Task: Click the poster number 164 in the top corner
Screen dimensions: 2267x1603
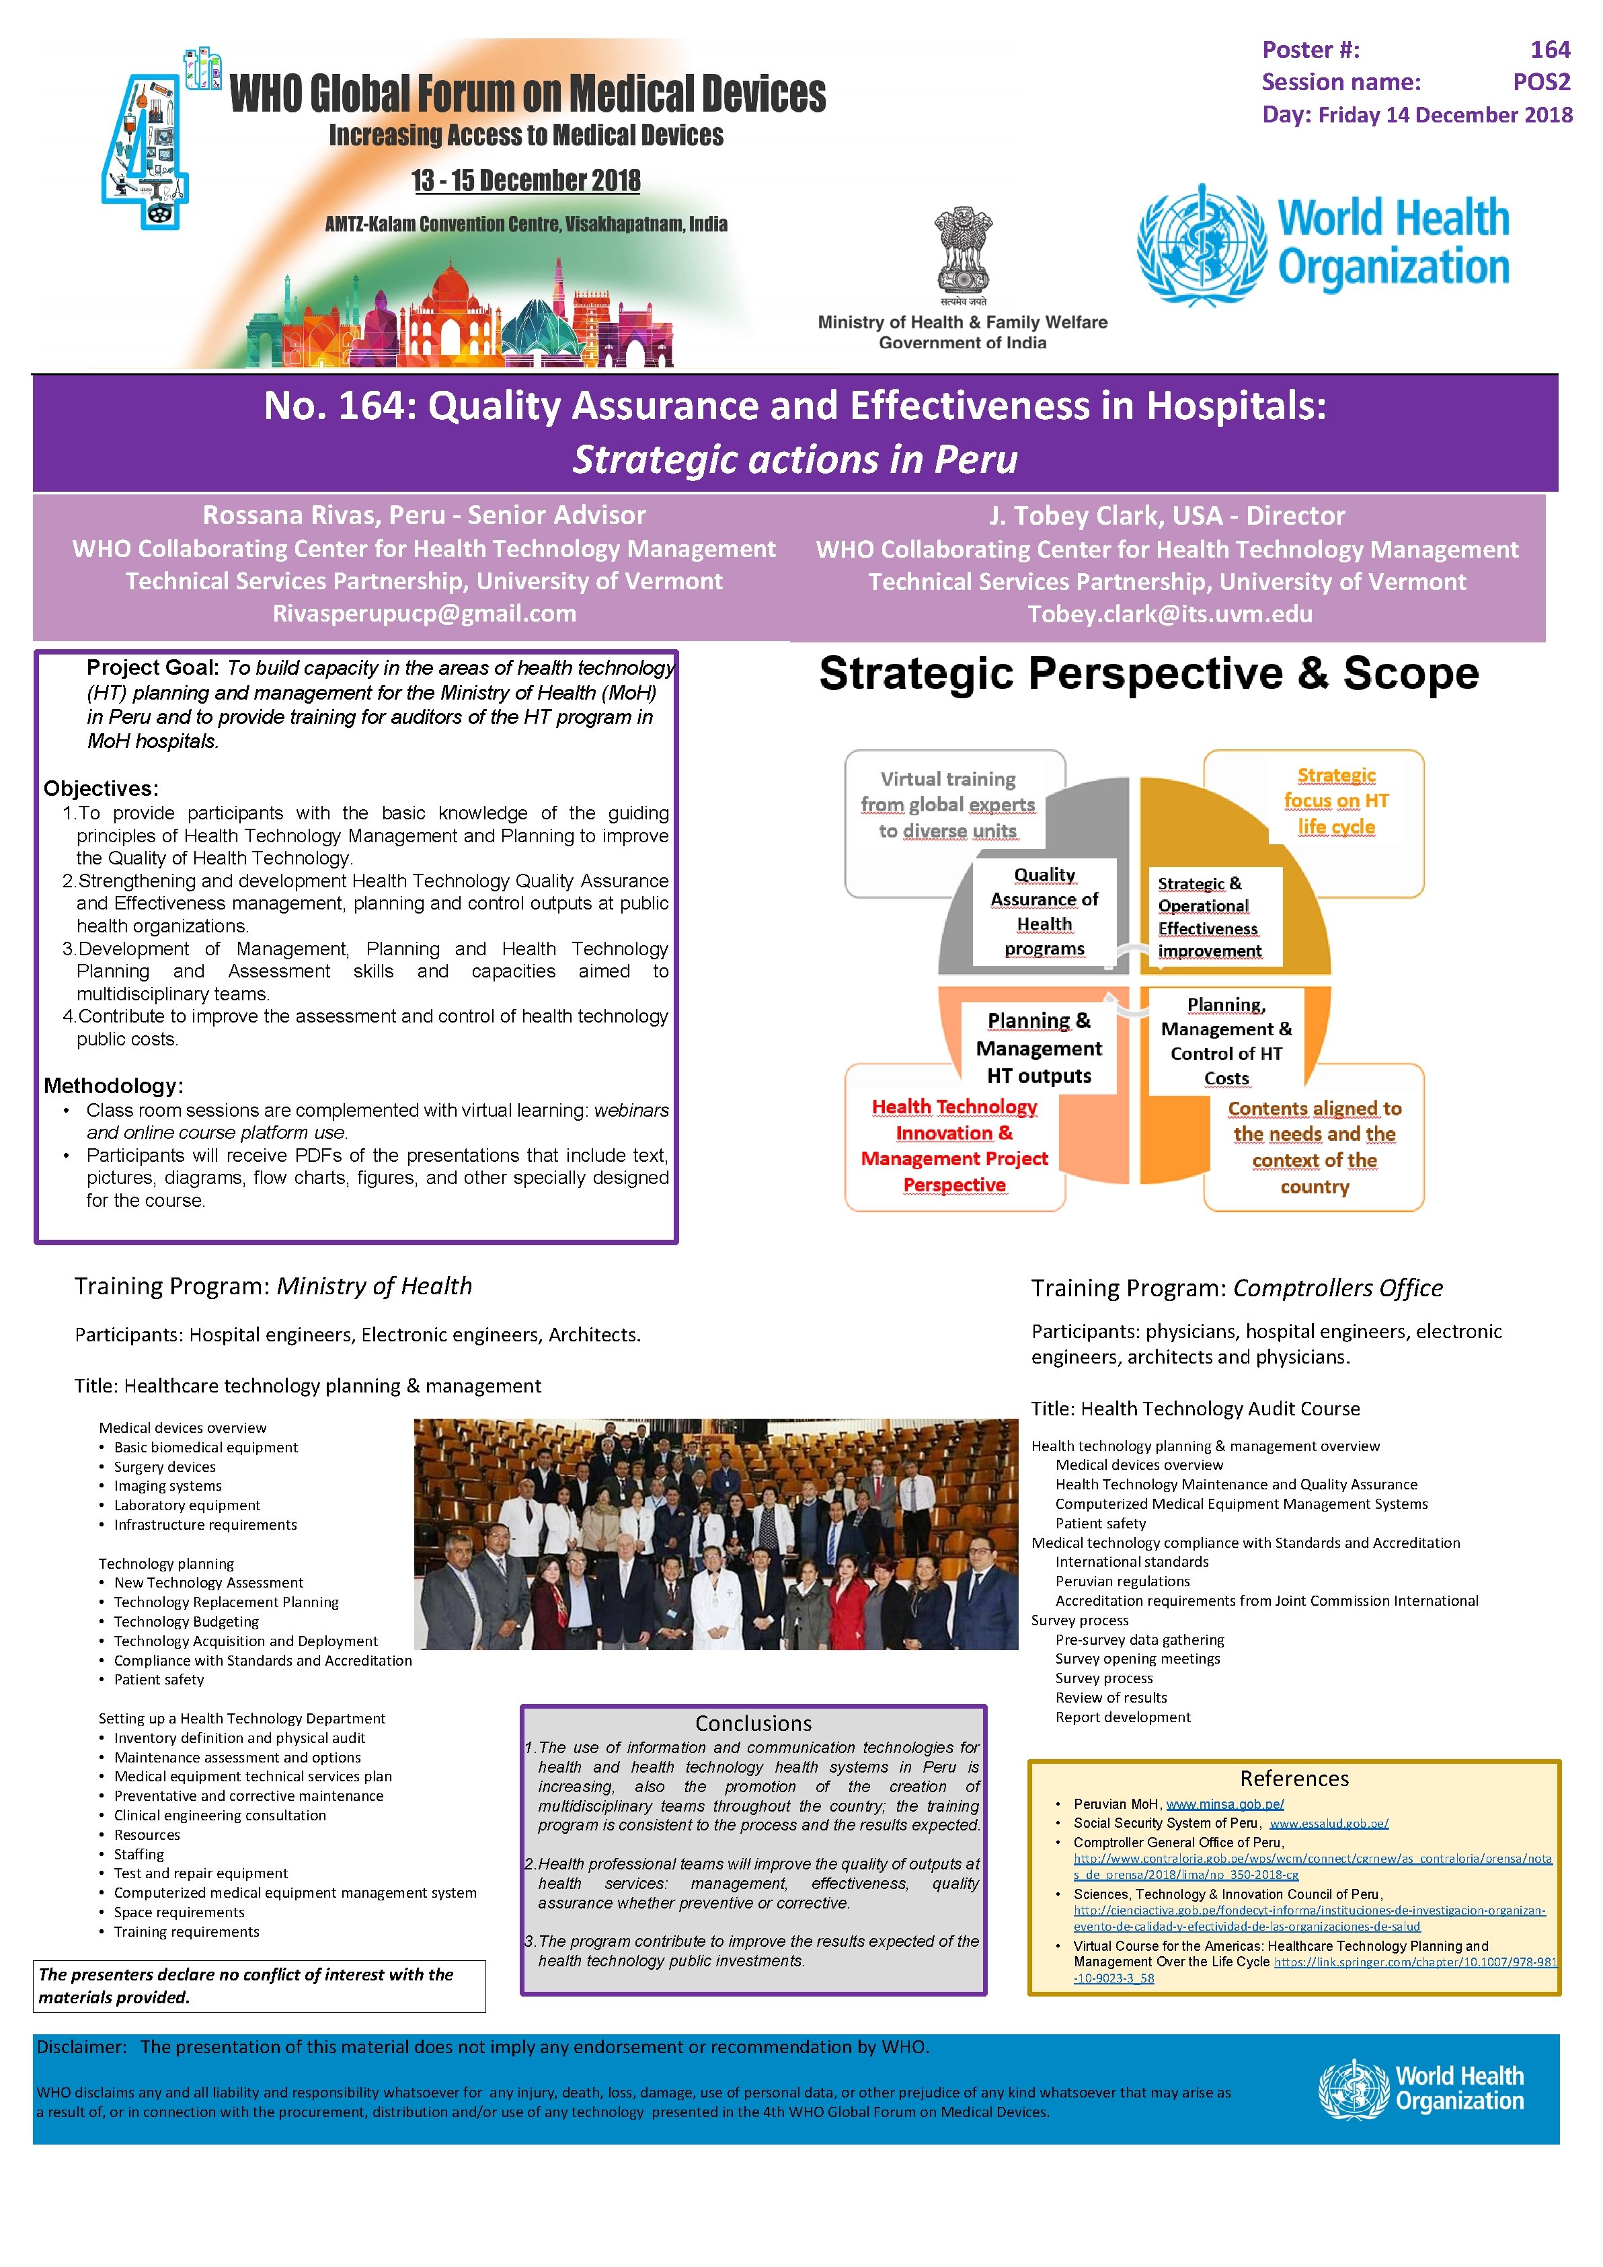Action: pyautogui.click(x=1549, y=49)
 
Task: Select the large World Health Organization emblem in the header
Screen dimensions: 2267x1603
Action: pyautogui.click(x=1202, y=244)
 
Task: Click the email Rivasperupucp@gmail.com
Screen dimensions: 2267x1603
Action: pyautogui.click(x=424, y=613)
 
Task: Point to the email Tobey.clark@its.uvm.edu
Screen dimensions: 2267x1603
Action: pyautogui.click(x=1170, y=614)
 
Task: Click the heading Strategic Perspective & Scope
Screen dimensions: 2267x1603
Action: pyautogui.click(x=1148, y=674)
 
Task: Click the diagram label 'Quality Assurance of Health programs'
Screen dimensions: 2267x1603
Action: pyautogui.click(x=1044, y=912)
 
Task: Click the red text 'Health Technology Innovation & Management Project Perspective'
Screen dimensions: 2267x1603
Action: pyautogui.click(x=955, y=1146)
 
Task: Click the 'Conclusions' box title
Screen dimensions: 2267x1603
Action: pyautogui.click(x=753, y=1723)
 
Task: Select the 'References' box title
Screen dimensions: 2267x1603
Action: pyautogui.click(x=1294, y=1778)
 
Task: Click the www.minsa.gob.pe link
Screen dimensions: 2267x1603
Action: pyautogui.click(x=1225, y=1804)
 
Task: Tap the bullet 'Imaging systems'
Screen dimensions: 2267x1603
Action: pyautogui.click(x=168, y=1486)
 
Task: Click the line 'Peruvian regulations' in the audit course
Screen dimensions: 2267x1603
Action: pyautogui.click(x=1122, y=1581)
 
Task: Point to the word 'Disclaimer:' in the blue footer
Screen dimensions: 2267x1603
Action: pyautogui.click(x=82, y=2047)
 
